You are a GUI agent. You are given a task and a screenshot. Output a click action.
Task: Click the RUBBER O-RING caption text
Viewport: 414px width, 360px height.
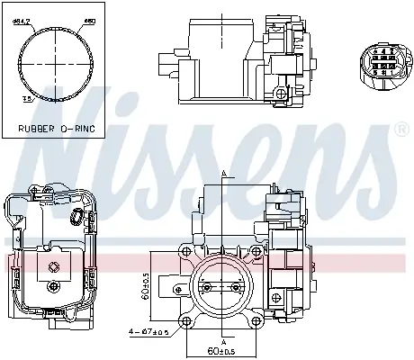(x=57, y=128)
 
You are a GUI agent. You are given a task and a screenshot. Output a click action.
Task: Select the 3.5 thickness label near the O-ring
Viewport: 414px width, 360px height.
(x=27, y=101)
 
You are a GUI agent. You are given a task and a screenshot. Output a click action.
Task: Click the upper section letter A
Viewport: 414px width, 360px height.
(x=222, y=175)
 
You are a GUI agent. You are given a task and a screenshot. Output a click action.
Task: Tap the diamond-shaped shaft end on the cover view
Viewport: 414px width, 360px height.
(x=56, y=265)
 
